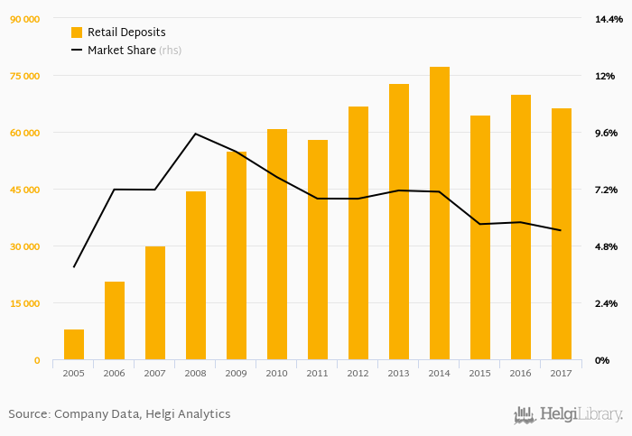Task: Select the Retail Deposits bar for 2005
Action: tap(74, 345)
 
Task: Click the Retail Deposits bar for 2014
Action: tap(440, 214)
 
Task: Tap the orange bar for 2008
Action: tap(196, 276)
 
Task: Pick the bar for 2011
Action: tap(318, 250)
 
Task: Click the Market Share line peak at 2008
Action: tap(196, 134)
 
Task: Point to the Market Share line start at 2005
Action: tap(74, 267)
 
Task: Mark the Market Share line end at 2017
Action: tap(562, 230)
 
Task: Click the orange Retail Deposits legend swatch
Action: tap(77, 32)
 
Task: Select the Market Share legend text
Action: tap(122, 51)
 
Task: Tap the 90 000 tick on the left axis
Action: tap(25, 19)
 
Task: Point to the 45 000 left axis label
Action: tap(25, 190)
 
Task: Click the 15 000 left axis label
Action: tap(25, 303)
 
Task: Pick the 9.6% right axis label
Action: tap(604, 133)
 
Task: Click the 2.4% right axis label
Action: tap(604, 303)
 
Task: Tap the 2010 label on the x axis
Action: tap(277, 373)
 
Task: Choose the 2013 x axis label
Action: tap(399, 373)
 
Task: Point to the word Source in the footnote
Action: tap(28, 414)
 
